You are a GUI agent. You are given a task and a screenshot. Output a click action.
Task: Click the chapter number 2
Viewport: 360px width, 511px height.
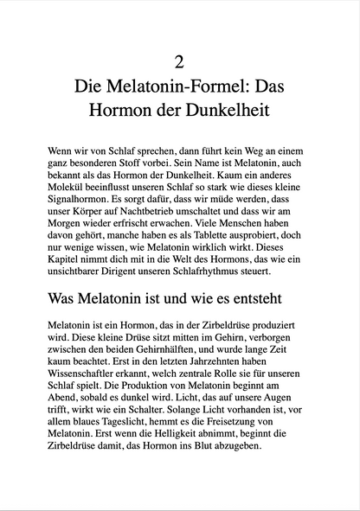pos(180,61)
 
